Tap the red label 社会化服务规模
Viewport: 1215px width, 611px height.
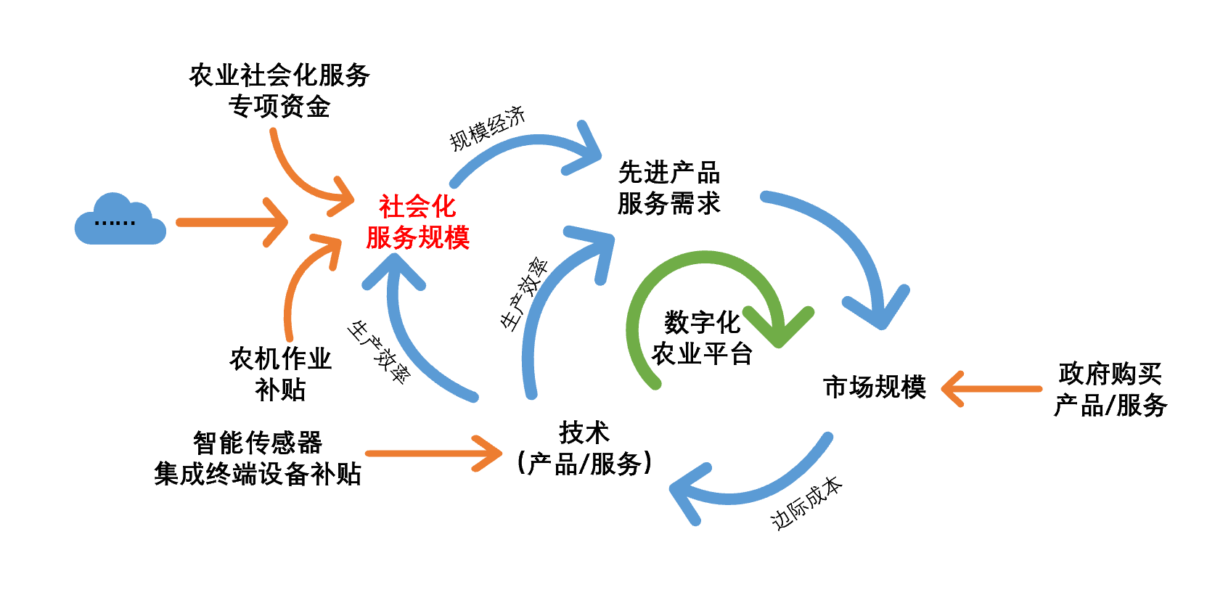[417, 222]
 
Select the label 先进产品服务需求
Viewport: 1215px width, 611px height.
[668, 188]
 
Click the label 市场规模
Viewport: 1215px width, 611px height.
[875, 387]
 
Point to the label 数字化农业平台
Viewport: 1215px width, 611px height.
[702, 338]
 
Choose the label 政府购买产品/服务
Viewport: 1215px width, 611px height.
[1110, 390]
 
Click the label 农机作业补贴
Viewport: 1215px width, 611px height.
[280, 374]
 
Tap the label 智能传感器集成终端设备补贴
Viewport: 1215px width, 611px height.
[258, 458]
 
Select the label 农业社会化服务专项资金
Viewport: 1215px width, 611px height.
[279, 91]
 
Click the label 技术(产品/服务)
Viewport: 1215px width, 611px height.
[584, 448]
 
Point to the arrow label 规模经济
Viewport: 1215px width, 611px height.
[487, 128]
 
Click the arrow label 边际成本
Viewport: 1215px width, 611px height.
[806, 503]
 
